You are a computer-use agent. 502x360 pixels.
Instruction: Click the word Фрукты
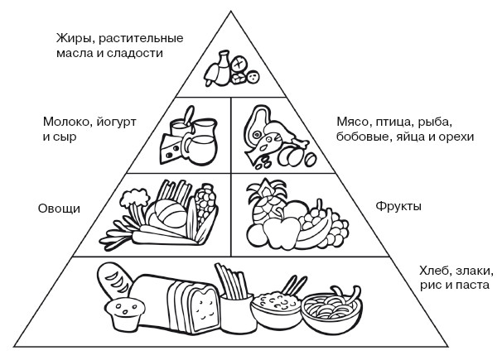[x=398, y=205]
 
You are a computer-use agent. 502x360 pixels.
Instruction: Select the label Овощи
[x=57, y=209]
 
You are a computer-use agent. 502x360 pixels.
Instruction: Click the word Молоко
[x=67, y=122]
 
